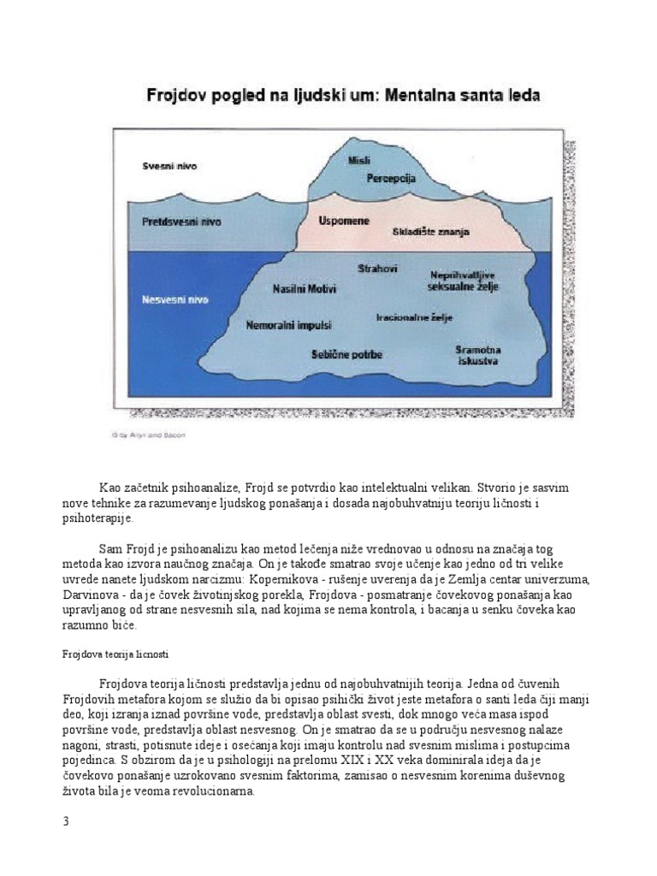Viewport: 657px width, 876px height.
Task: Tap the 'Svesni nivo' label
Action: tap(169, 167)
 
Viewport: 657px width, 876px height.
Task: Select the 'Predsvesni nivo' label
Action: tap(181, 222)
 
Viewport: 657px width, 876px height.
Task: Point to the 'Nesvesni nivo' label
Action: tap(175, 299)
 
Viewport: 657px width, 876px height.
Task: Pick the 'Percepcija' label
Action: tap(390, 178)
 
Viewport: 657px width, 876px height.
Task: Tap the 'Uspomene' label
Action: tap(344, 221)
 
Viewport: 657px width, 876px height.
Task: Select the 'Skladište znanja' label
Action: tap(427, 232)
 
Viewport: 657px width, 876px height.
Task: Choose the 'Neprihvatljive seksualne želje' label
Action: tap(463, 283)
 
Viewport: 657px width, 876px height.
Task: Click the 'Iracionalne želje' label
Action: tap(414, 317)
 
